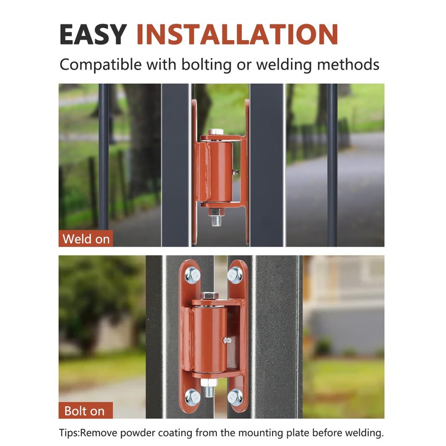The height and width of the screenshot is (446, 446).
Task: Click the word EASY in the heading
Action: [x=93, y=34]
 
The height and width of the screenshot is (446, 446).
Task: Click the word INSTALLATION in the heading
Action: [x=237, y=34]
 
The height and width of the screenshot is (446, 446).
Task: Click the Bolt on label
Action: [x=84, y=411]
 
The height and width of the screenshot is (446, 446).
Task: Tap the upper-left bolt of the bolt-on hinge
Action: [x=193, y=274]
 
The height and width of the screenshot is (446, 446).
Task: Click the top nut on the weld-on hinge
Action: [x=215, y=133]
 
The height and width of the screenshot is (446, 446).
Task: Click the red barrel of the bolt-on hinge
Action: [x=209, y=340]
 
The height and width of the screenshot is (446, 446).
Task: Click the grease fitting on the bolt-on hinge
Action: [x=226, y=340]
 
